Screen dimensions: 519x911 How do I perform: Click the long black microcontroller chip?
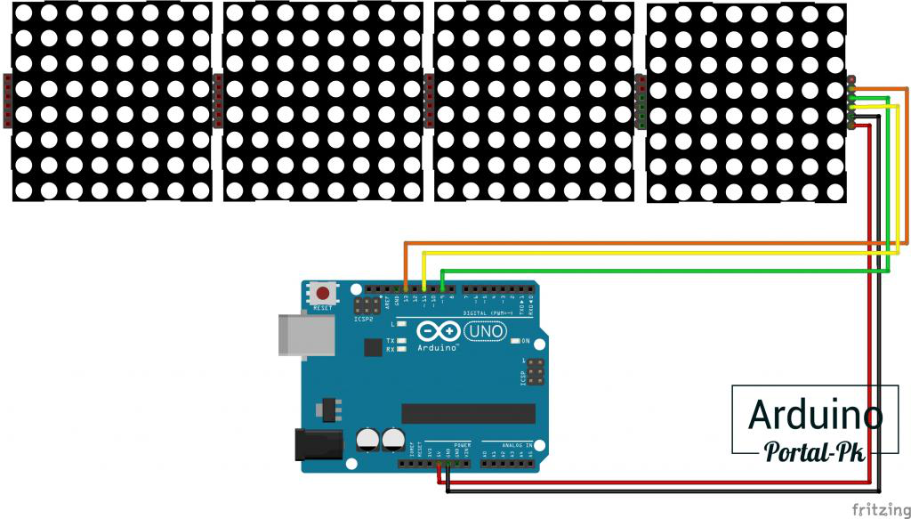click(468, 413)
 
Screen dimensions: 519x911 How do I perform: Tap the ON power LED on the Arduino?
click(516, 341)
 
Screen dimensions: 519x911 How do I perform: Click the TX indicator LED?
click(402, 341)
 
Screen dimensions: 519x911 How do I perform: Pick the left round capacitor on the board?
click(367, 439)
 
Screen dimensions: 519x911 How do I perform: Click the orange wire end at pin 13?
click(407, 288)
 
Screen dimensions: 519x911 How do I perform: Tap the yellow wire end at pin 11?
click(424, 288)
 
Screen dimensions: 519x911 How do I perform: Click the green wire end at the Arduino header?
click(442, 288)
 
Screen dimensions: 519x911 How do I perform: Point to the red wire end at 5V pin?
click(439, 464)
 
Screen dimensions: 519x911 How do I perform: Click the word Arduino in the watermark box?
click(815, 415)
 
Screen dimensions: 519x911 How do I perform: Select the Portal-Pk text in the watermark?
click(815, 451)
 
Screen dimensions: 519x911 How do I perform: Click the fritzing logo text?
click(879, 509)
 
